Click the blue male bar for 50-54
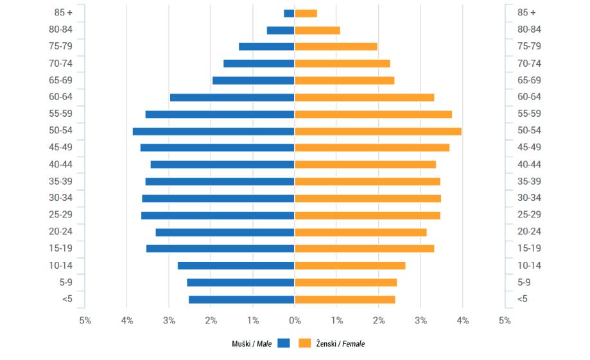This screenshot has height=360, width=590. point(213,131)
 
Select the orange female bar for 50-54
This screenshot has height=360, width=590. point(377,131)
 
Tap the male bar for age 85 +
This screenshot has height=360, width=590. point(289,13)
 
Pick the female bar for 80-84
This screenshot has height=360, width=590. point(317,30)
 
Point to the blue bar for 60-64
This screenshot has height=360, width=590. point(232,98)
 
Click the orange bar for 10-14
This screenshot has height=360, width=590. point(350,266)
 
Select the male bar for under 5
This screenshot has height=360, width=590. point(241,299)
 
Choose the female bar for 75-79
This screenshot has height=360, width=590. point(336,46)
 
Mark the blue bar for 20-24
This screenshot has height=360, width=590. point(225,232)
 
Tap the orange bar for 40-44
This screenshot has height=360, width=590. point(365,164)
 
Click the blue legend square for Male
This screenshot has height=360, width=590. point(284,343)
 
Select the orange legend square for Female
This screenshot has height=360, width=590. point(305,343)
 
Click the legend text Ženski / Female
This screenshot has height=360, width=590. point(340,344)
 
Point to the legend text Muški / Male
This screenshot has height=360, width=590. point(252,344)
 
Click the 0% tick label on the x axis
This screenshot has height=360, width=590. point(294,320)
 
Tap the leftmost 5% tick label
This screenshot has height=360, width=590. point(85,320)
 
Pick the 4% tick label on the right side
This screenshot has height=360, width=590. point(462,320)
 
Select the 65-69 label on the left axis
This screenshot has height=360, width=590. point(60,80)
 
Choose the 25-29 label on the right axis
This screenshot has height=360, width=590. point(529,215)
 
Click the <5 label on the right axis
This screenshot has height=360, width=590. point(523,299)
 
